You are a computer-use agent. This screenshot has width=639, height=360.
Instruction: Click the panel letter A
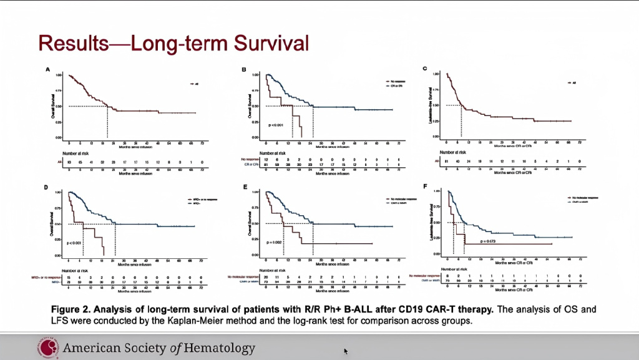pyautogui.click(x=47, y=69)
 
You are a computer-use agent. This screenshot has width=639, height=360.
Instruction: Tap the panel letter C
pyautogui.click(x=425, y=68)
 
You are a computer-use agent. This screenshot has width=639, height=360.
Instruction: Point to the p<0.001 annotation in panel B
pyautogui.click(x=275, y=125)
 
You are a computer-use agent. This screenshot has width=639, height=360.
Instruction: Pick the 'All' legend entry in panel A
pyautogui.click(x=195, y=83)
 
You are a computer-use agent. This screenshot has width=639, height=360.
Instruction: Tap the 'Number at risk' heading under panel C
pyautogui.click(x=454, y=152)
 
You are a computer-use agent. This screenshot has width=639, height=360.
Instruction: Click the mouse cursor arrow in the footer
pyautogui.click(x=346, y=351)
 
